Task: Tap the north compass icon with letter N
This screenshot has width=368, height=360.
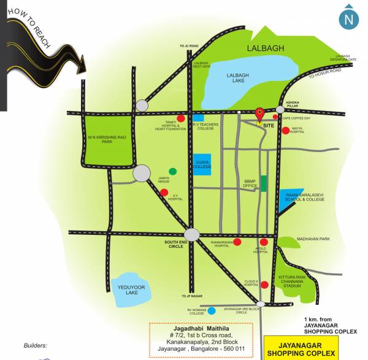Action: pyautogui.click(x=349, y=18)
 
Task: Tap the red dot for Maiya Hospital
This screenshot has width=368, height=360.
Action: pyautogui.click(x=286, y=130)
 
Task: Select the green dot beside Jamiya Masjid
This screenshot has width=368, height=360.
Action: pyautogui.click(x=173, y=171)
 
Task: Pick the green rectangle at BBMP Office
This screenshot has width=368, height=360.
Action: pyautogui.click(x=264, y=183)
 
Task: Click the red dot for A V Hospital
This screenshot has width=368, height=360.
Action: pyautogui.click(x=164, y=193)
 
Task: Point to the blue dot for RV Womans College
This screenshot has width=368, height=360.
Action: pyautogui.click(x=212, y=310)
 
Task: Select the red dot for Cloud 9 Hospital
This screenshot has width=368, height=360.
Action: pyautogui.click(x=264, y=285)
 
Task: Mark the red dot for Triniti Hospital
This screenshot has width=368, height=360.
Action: pyautogui.click(x=181, y=118)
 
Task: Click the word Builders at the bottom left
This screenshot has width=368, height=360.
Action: pyautogui.click(x=35, y=345)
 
